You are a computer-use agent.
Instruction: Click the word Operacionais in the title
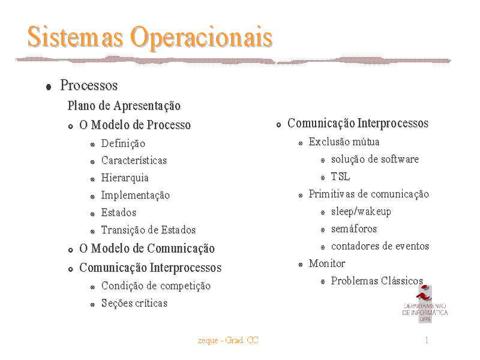(x=202, y=37)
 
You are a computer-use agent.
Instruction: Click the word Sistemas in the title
(x=76, y=37)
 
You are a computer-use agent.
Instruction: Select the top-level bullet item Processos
(x=89, y=85)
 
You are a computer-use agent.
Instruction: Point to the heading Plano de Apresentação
(x=124, y=106)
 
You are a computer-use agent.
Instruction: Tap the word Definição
(x=123, y=143)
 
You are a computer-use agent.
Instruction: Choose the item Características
(x=134, y=160)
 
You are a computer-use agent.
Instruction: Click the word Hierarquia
(x=125, y=178)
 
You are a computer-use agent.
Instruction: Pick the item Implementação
(x=136, y=196)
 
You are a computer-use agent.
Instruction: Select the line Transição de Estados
(x=148, y=230)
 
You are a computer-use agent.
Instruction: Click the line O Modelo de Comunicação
(x=147, y=248)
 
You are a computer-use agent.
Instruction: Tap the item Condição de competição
(x=156, y=286)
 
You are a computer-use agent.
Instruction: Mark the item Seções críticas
(x=134, y=303)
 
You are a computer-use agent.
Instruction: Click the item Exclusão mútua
(x=344, y=142)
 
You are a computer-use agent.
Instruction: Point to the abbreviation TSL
(x=340, y=176)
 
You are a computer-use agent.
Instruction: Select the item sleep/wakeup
(x=361, y=212)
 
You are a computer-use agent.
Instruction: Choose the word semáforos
(x=354, y=229)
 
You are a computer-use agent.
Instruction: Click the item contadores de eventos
(x=380, y=246)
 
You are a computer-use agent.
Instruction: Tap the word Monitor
(x=327, y=263)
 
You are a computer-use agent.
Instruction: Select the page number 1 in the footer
(x=427, y=340)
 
